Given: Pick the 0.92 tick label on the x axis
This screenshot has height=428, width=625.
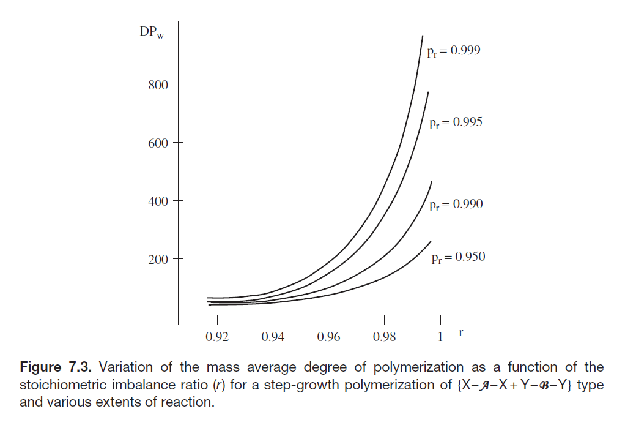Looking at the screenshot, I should pos(218,337).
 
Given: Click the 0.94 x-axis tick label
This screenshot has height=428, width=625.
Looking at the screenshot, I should pos(272,337).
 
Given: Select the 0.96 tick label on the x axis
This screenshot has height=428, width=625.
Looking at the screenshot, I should pos(328,337).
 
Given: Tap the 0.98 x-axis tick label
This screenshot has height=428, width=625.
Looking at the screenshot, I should pos(384,337).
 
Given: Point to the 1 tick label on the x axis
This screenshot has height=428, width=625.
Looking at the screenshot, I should pos(440,337).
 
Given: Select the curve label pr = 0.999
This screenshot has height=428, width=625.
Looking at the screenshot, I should pos(453,51).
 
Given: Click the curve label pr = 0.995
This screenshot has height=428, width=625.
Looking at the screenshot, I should pos(456,123).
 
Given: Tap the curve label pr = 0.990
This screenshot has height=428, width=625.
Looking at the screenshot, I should pos(456,205).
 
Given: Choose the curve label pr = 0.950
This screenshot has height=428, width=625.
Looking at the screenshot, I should pos(458,257).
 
